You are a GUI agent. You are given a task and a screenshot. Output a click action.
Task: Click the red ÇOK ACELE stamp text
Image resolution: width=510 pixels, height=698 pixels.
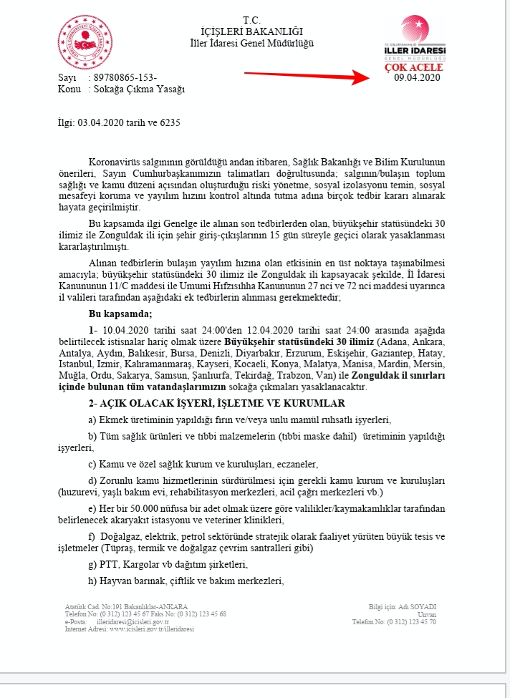point(414,67)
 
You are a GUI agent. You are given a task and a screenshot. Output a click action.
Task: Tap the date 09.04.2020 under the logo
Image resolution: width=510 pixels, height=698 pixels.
point(417,77)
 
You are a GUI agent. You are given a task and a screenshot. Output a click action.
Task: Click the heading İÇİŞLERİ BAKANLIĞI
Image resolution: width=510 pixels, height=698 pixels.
point(252,31)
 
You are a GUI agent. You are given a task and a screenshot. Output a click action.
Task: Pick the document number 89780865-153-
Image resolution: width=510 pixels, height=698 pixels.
point(123,77)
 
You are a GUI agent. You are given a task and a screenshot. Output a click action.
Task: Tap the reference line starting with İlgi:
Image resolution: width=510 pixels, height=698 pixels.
point(118,122)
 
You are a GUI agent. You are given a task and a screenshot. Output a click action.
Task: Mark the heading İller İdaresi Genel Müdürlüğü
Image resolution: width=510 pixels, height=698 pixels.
point(252,44)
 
